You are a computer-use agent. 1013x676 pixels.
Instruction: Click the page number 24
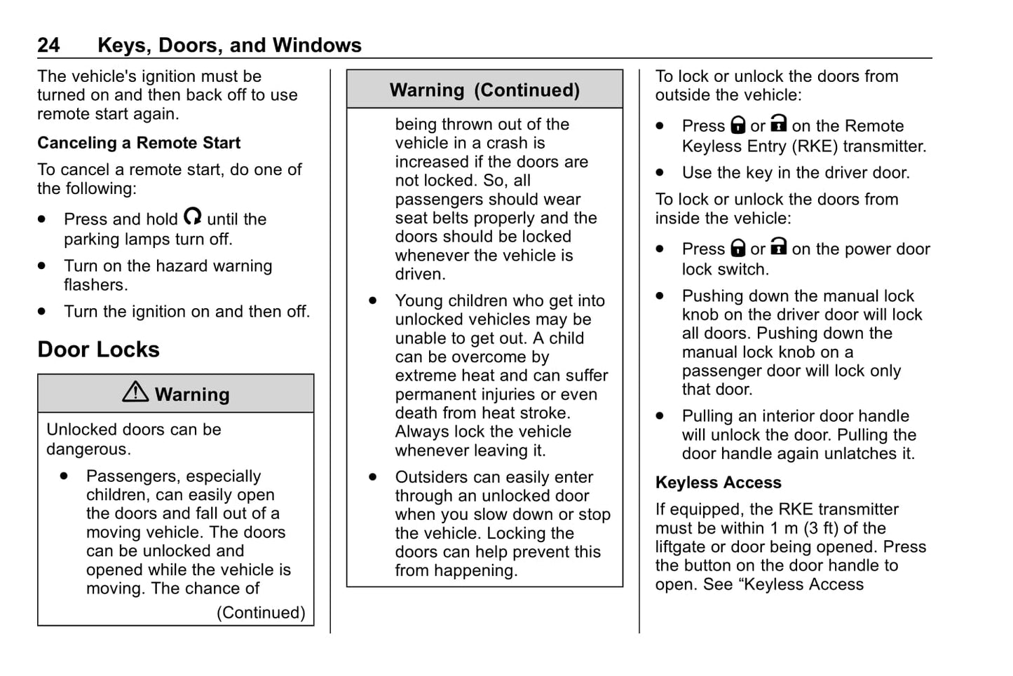[48, 46]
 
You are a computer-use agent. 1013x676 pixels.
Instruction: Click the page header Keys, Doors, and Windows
[229, 46]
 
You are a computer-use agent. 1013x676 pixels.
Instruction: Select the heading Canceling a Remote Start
[139, 143]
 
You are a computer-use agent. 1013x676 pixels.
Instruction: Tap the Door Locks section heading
[98, 350]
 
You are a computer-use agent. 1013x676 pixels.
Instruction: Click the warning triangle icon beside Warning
[135, 392]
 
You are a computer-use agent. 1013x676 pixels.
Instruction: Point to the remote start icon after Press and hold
[192, 216]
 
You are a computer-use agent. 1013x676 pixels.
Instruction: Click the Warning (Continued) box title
[484, 90]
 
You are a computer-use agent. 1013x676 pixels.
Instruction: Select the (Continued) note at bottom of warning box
[261, 613]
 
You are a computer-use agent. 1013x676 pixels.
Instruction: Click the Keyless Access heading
[718, 483]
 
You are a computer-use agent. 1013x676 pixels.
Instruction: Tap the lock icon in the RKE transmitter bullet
[737, 125]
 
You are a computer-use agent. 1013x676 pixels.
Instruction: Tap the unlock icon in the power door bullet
[778, 247]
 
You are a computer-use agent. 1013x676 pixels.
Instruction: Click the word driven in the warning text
[419, 275]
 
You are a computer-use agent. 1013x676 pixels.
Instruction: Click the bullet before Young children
[373, 301]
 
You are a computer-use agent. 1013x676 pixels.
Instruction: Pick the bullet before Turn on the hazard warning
[42, 266]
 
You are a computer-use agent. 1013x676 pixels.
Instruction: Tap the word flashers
[95, 285]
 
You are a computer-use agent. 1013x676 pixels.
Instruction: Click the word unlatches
[858, 454]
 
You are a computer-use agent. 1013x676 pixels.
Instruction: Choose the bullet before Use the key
[660, 172]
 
